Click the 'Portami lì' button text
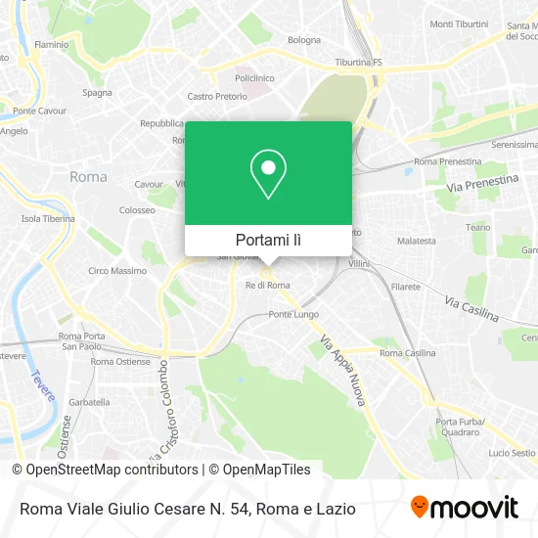tap(268, 240)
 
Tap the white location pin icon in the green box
tap(268, 174)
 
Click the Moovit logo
tap(464, 508)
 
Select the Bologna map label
tap(304, 40)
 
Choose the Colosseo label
tap(137, 210)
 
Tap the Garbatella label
tap(89, 402)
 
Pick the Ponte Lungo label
tap(293, 315)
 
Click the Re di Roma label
tap(267, 285)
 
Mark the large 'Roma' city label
tap(89, 177)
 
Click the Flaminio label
tap(51, 44)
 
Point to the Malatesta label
tap(417, 240)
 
